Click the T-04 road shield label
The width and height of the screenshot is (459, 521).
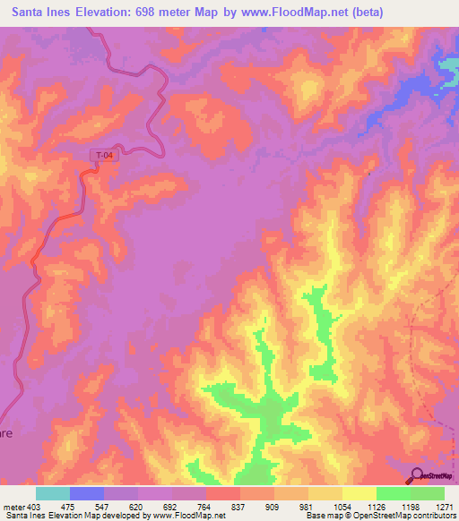(105, 156)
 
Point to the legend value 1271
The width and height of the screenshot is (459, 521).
(446, 506)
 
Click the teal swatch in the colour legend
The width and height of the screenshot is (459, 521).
(53, 493)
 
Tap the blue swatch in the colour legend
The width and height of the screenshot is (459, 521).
(87, 493)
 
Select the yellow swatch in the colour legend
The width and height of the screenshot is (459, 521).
(359, 493)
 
